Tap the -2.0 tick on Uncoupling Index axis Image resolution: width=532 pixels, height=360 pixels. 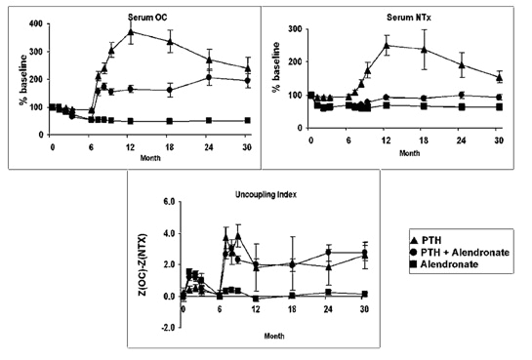[x=167, y=328]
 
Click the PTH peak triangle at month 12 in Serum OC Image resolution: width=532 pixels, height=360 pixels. [x=131, y=31]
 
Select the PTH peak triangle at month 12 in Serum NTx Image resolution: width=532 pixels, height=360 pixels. [x=387, y=46]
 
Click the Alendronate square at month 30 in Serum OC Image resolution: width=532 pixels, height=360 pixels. [x=246, y=120]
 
